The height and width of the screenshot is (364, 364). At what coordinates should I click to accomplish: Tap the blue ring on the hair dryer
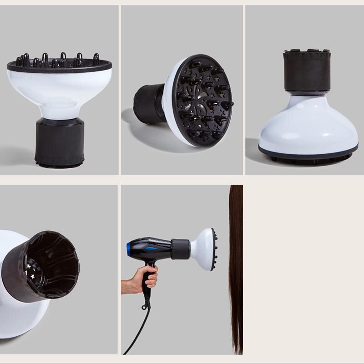129,248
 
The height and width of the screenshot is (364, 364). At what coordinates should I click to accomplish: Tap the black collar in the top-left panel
59,141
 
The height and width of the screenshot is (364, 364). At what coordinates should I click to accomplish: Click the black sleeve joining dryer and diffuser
181,249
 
